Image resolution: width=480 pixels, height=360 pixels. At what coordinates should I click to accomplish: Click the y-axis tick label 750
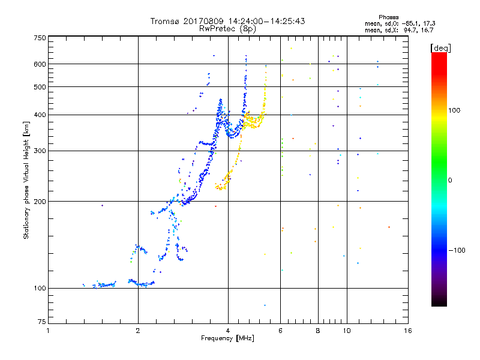click(40, 37)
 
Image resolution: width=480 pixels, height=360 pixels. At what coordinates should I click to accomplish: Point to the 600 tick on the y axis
click(40, 64)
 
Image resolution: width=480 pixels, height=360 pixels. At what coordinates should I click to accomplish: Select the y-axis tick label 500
click(40, 86)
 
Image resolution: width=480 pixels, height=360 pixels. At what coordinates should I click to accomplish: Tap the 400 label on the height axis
click(40, 115)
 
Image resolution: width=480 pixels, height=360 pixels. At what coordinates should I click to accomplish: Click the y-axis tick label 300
click(40, 151)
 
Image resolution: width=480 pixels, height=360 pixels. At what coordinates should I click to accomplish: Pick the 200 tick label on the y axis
click(40, 201)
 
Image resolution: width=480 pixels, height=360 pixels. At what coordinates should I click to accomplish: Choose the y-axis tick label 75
click(41, 324)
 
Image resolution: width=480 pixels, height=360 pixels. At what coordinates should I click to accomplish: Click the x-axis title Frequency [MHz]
click(228, 338)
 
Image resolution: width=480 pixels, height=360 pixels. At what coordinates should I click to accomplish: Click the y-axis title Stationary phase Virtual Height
click(26, 180)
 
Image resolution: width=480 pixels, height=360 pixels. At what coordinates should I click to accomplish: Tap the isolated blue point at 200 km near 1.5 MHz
click(102, 206)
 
